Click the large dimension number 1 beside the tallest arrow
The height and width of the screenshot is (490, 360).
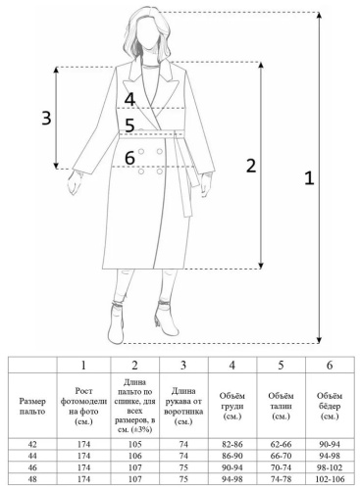(309, 178)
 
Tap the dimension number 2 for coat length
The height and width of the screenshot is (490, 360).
(251, 166)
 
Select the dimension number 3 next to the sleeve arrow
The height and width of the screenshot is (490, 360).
(46, 118)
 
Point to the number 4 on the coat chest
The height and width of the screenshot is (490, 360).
(129, 99)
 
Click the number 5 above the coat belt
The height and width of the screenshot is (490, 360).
(129, 125)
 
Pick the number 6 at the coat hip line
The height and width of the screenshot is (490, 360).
(129, 158)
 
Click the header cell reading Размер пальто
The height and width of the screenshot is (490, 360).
(32, 406)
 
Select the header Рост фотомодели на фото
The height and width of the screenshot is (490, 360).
(83, 406)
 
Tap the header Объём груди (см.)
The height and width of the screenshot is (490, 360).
(231, 406)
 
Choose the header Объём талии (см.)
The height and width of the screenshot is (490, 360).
(281, 406)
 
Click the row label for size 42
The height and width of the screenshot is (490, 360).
(32, 444)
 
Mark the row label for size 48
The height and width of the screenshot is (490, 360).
(32, 479)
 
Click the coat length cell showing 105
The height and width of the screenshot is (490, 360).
(134, 444)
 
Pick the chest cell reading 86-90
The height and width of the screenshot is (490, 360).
(231, 456)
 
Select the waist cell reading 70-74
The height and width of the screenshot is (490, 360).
(281, 467)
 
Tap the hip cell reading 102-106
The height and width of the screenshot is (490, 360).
(330, 479)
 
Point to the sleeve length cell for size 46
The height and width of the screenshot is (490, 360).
(183, 467)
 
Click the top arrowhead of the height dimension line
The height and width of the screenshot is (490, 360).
(319, 15)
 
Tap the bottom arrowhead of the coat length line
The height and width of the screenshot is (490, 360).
(261, 266)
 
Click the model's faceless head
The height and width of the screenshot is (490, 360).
(146, 31)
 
